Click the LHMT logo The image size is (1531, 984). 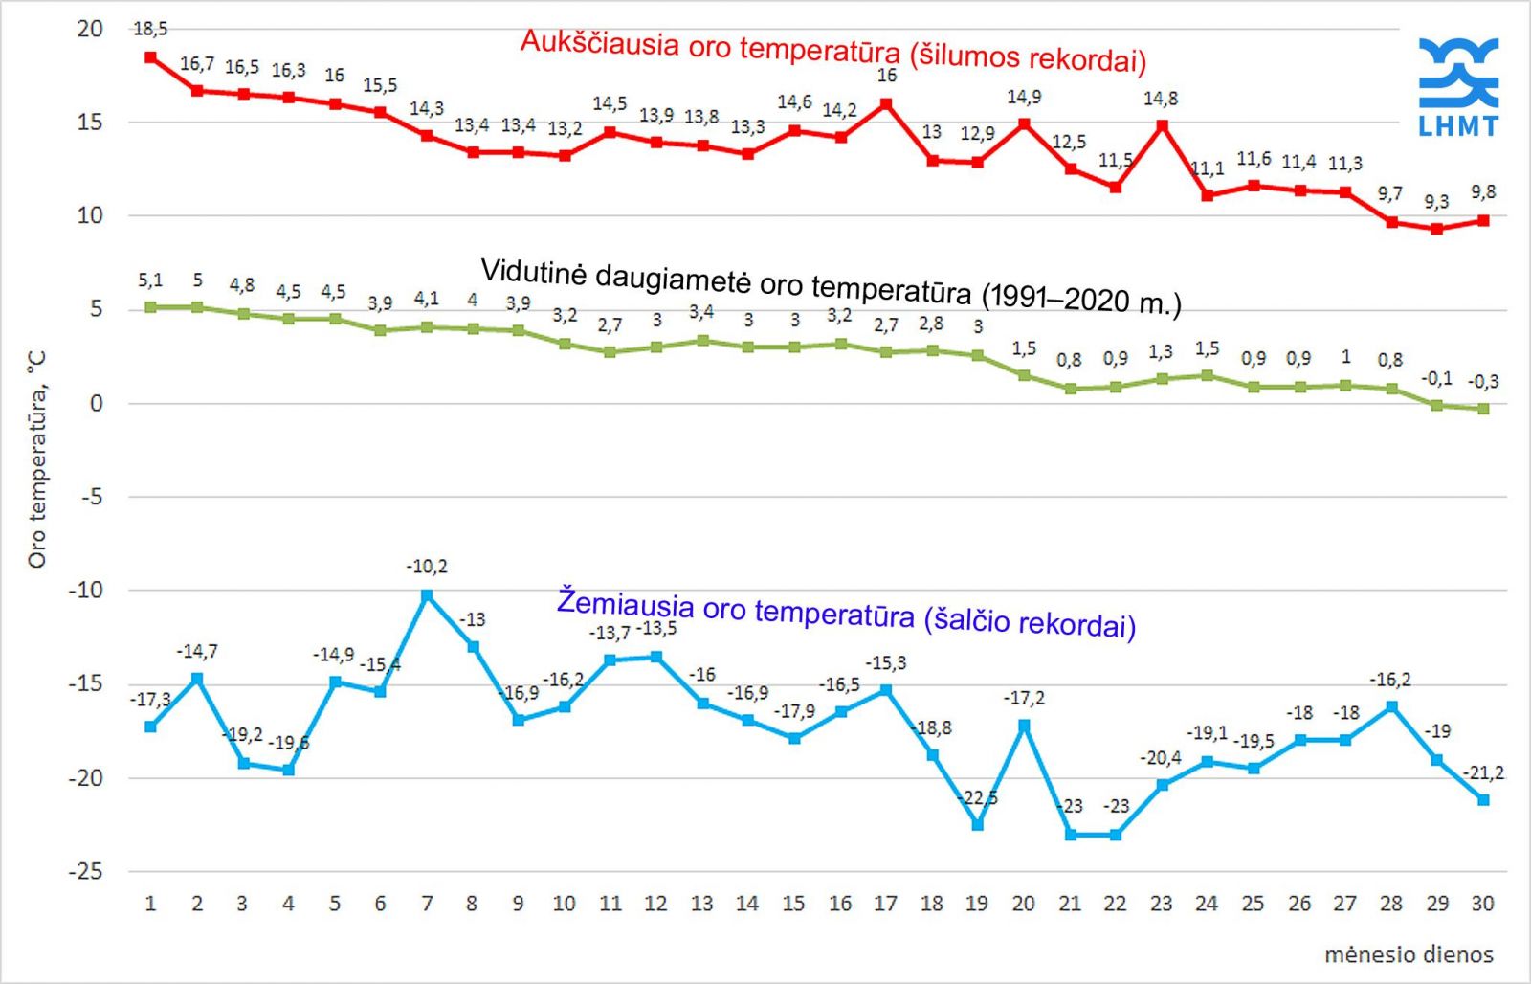(1457, 86)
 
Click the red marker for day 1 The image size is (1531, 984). (150, 57)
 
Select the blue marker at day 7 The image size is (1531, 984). (427, 595)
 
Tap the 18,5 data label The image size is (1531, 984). (150, 29)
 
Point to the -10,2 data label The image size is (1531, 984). (427, 567)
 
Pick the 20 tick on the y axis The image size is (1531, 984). (90, 29)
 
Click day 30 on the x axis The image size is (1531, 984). (1482, 904)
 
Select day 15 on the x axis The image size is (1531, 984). (793, 904)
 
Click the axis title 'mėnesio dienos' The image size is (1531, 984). (1409, 954)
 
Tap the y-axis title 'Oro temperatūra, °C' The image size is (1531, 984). (36, 459)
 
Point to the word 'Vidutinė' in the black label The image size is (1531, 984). (533, 272)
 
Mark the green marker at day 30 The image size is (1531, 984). (1483, 409)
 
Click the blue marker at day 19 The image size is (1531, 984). (977, 825)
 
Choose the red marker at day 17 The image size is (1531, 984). (886, 103)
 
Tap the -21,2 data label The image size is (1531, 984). (1483, 772)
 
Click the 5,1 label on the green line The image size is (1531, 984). (150, 280)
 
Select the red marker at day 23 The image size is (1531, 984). (1162, 125)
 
